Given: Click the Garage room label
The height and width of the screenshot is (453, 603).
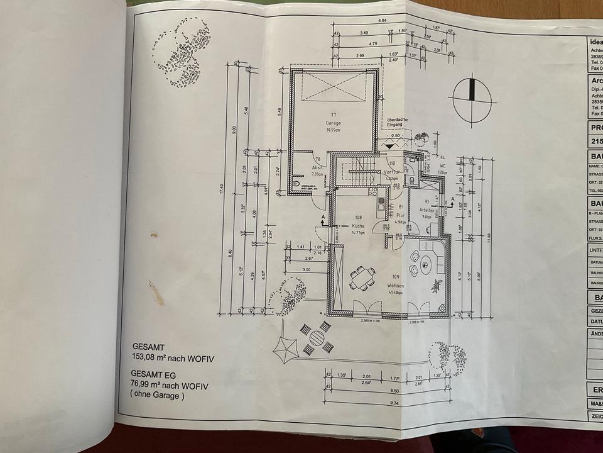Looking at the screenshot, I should coord(333,123).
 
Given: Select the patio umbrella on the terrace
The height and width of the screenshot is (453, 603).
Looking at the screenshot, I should coord(286,346).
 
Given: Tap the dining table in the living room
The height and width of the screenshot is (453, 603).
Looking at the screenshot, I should coord(362,277).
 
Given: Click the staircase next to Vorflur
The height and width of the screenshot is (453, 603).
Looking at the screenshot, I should coord(357,170).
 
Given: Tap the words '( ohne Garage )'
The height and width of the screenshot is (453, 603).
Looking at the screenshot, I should coord(158,396).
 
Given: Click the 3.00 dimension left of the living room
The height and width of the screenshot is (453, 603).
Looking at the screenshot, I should coord(306,269).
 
